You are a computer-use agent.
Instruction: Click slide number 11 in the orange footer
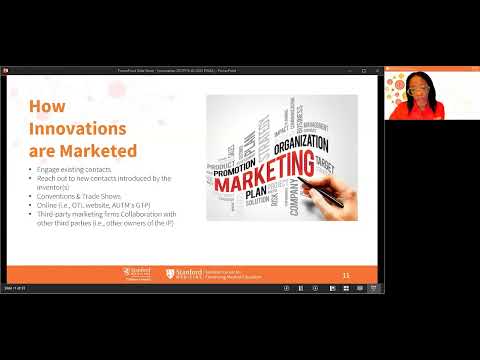345,273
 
